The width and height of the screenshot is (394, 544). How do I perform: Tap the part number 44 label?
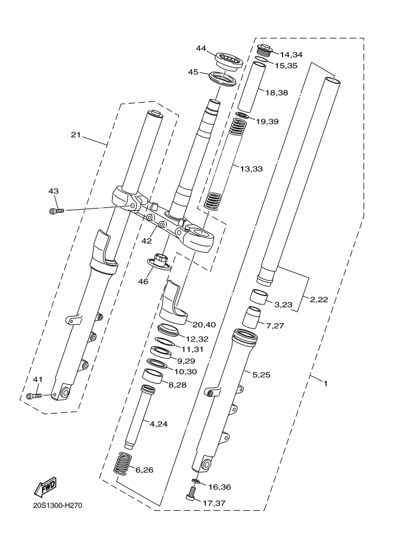pos(201,48)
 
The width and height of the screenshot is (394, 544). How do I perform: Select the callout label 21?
pos(76,135)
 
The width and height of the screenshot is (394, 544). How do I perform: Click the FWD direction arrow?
pos(45,489)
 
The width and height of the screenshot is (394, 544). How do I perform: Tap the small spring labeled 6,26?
pos(122,464)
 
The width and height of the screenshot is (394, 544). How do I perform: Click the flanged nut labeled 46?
pos(160,260)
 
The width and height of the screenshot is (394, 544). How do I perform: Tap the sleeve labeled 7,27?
pos(254,318)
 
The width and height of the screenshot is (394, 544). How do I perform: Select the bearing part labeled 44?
pos(227,60)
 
